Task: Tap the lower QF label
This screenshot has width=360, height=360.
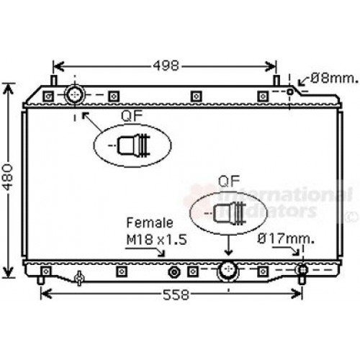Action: (228, 182)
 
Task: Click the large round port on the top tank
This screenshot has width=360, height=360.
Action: (75, 94)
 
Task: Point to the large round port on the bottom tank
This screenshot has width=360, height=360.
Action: (228, 272)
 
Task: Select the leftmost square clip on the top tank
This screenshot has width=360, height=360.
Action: (48, 96)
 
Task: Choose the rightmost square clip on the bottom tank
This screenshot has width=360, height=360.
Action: (264, 272)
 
